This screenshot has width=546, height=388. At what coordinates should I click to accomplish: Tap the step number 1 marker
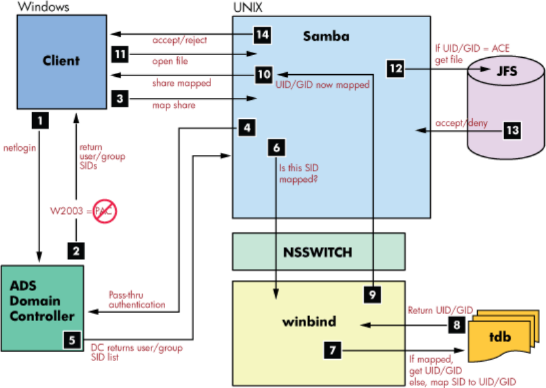click(x=40, y=120)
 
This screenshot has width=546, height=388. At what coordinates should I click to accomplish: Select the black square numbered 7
click(x=334, y=351)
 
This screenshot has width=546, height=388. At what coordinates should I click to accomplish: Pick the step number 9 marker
click(x=373, y=295)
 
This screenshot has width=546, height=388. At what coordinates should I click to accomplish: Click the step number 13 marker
click(x=512, y=129)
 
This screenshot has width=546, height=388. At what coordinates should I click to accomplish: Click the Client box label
click(x=61, y=61)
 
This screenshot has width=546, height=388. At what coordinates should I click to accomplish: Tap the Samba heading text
click(x=325, y=37)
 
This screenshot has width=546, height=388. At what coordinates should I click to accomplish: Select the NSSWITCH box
click(x=319, y=252)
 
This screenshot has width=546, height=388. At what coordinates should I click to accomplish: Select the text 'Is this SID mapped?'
click(x=298, y=172)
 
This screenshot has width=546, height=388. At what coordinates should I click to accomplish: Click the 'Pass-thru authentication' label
click(x=137, y=301)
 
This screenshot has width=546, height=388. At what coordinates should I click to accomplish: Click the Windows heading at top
click(x=37, y=7)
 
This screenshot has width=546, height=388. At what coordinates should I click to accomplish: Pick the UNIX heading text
click(x=246, y=7)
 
